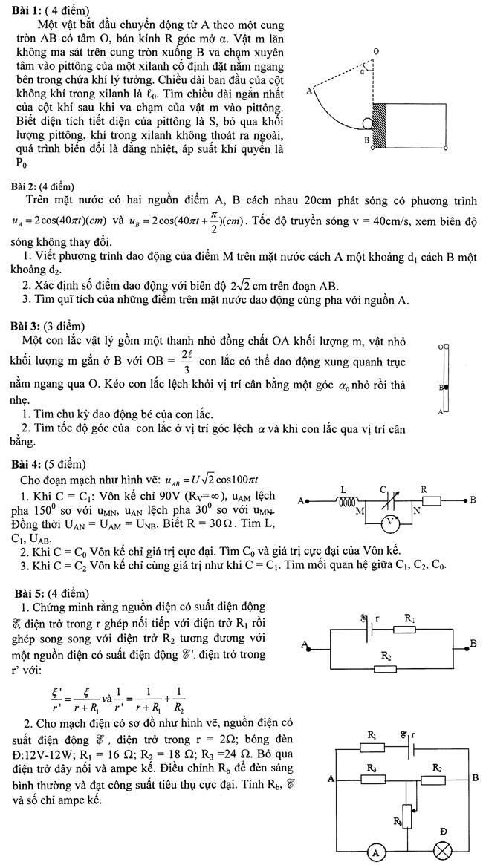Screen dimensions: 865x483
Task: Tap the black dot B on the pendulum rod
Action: tap(444, 387)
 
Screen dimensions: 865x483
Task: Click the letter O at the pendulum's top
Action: tap(440, 347)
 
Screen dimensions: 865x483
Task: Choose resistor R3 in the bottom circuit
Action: tap(372, 780)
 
